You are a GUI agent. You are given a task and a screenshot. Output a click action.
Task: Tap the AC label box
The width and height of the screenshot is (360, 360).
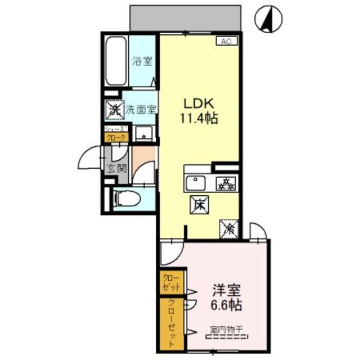(225, 41)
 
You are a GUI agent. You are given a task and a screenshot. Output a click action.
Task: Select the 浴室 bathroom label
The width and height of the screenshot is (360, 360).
(142, 61)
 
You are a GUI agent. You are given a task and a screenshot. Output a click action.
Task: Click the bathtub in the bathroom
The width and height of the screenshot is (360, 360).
(116, 60)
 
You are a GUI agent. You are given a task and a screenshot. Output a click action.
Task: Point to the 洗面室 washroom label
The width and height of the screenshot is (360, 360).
(141, 110)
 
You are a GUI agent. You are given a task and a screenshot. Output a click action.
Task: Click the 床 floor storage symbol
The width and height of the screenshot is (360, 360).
(199, 205)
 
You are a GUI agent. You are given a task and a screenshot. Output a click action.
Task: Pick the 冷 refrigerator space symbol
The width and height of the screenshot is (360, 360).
(229, 227)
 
